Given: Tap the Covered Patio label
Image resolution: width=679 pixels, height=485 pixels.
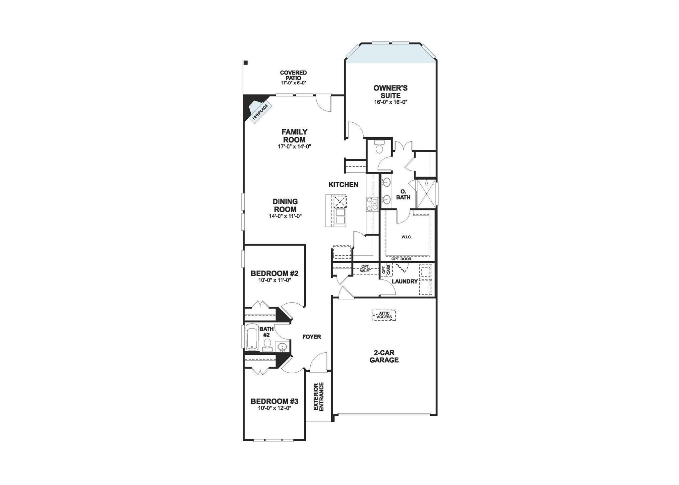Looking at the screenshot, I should coord(293,75).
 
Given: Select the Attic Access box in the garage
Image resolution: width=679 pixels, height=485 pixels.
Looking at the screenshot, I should coord(384,315).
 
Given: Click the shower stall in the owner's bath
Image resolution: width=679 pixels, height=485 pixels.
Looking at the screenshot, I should coord(426,194).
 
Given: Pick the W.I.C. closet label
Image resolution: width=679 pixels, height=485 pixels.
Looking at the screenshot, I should coord(406,237).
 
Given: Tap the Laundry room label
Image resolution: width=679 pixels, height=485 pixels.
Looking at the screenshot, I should coord(404,281).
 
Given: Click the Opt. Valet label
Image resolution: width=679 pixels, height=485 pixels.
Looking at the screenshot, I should coord(365,269).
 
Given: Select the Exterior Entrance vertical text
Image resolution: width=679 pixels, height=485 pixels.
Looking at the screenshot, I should coord(319,397).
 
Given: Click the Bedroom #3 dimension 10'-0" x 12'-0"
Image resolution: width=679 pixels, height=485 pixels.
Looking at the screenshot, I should coord(275,408).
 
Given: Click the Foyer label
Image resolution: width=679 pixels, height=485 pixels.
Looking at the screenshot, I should coord(312,337).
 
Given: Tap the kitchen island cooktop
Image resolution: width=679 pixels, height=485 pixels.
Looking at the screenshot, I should coord(340,201).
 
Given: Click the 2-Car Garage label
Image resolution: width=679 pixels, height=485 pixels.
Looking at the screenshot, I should coord(384,356).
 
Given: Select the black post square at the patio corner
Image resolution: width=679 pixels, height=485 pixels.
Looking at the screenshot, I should coord(246,63).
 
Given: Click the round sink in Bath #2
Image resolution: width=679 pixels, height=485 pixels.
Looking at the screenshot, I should coord(282,347).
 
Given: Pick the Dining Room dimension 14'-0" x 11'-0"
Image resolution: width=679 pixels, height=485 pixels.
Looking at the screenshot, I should coord(285,216).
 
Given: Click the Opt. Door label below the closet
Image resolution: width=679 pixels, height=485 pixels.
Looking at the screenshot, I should coord(401,259).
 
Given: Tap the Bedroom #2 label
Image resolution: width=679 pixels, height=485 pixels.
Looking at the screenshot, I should coord(275,273).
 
